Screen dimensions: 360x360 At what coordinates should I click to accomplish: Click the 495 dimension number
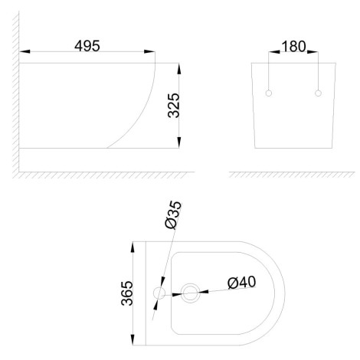(x=87, y=46)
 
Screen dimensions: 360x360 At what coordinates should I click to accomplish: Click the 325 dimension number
(x=174, y=105)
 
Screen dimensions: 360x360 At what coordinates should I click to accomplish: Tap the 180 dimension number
(x=293, y=47)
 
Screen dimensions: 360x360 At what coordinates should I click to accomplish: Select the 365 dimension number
(x=127, y=293)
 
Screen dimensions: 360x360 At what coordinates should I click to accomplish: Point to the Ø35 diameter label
(x=173, y=214)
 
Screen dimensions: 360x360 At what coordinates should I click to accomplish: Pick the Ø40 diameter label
(x=241, y=282)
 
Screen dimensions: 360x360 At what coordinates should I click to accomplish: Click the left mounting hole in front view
(x=269, y=93)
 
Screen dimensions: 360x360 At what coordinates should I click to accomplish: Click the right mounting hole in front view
(x=318, y=93)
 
